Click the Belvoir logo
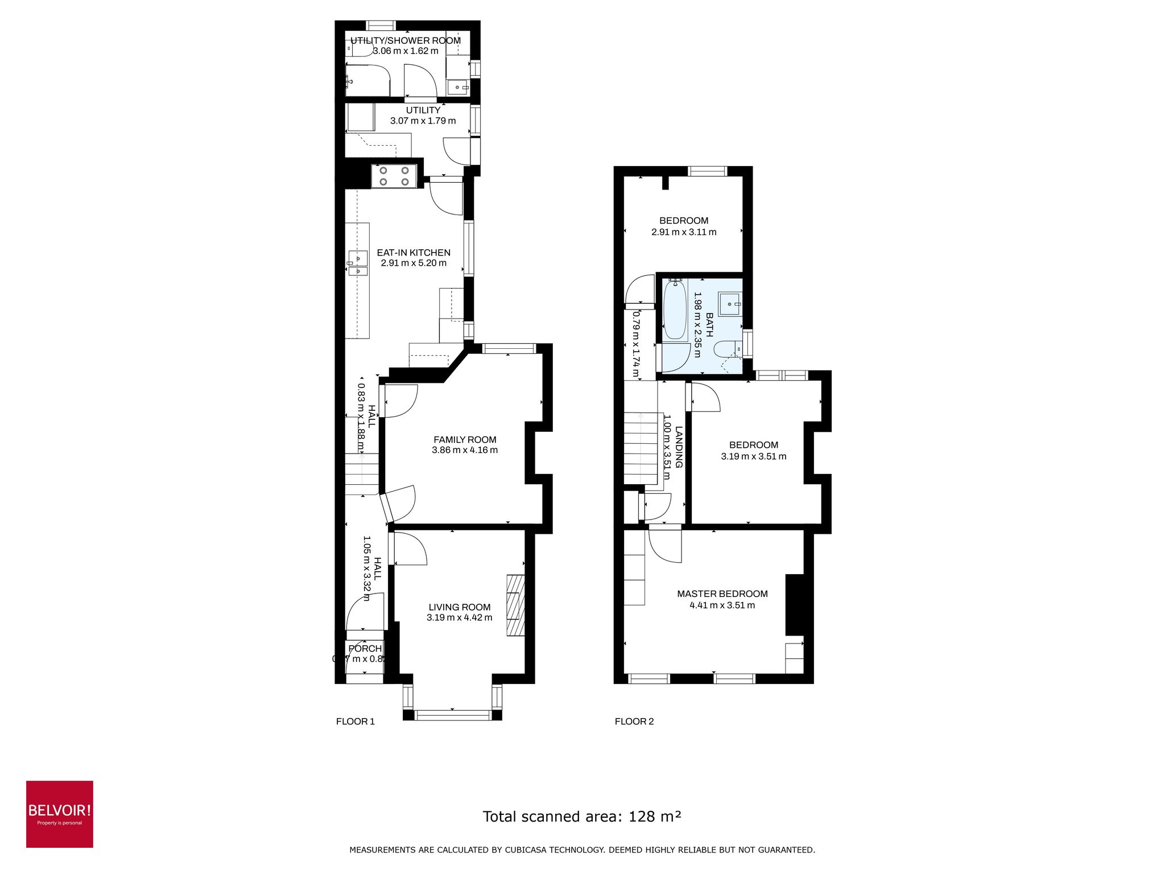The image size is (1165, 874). [59, 814]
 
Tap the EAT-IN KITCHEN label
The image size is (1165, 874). [414, 253]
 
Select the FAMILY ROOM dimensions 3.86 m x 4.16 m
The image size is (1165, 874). [465, 450]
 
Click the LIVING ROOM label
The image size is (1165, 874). [460, 607]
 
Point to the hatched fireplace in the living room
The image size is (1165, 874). [515, 605]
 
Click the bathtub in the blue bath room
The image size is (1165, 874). [675, 310]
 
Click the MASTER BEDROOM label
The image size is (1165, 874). [722, 593]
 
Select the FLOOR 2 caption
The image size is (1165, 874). [634, 722]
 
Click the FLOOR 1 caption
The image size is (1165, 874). [356, 722]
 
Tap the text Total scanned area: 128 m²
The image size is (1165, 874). [582, 817]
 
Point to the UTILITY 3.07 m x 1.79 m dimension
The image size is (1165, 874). [423, 121]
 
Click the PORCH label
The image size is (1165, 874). [365, 649]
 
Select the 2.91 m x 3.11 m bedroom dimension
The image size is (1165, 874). [684, 232]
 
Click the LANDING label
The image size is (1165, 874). [679, 447]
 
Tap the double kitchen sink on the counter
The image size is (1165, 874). [358, 265]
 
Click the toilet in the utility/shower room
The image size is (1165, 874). [360, 50]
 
